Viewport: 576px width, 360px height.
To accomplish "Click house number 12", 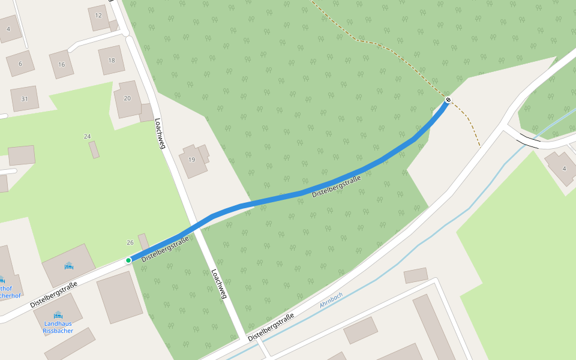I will [x=98, y=17].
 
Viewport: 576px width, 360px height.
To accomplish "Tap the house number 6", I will [x=20, y=64].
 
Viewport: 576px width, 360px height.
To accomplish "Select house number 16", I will [x=61, y=64].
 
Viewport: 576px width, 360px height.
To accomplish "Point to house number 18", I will [x=111, y=61].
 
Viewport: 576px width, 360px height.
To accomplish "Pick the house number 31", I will [x=24, y=99].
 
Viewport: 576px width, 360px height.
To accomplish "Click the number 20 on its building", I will [x=127, y=98].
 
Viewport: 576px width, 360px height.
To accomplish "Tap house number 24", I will [x=87, y=137].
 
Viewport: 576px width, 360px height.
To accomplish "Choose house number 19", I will [x=192, y=160].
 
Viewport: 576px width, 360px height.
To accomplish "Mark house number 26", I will [x=130, y=242].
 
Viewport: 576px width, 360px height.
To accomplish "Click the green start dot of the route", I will [x=128, y=260].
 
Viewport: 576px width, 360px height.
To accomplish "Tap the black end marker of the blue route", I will [x=448, y=100].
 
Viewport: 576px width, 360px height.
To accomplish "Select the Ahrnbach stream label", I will [x=331, y=301].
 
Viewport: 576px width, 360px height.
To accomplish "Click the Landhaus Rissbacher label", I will [x=58, y=327].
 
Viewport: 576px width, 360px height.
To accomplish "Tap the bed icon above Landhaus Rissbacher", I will [x=58, y=315].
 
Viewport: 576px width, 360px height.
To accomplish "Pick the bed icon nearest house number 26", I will [x=68, y=265].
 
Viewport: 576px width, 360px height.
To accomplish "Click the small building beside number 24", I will [x=94, y=149].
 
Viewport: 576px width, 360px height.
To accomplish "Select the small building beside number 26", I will [x=144, y=242].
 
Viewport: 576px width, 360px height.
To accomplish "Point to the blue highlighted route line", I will [x=300, y=193].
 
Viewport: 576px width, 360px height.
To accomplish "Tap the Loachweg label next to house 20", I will [x=160, y=133].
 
